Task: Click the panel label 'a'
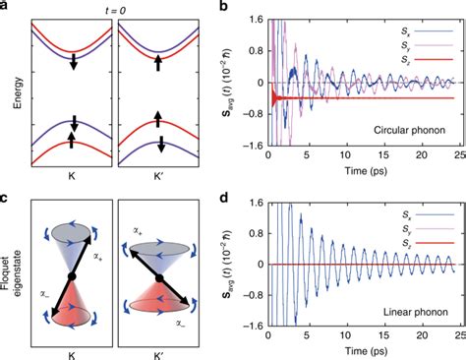coord(6,7)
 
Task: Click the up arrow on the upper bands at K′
coord(154,62)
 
